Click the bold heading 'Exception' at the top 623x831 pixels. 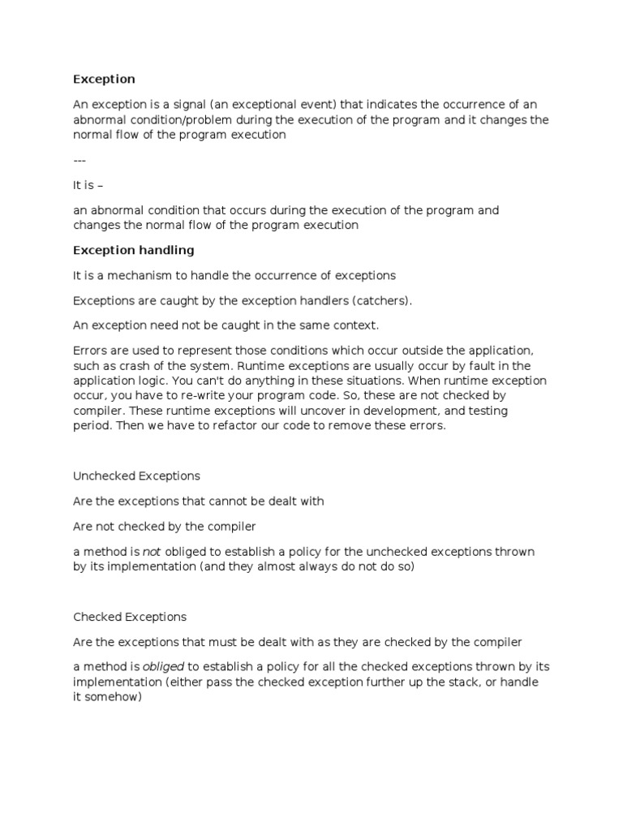tap(104, 79)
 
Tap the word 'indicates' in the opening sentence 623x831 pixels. tap(380, 105)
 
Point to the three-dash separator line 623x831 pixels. tap(79, 160)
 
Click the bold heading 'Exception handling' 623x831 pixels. tap(133, 250)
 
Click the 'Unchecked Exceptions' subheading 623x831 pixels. tap(136, 476)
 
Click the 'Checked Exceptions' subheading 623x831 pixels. tap(130, 617)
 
